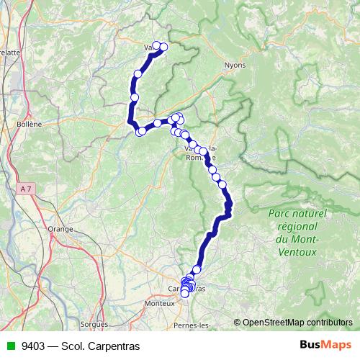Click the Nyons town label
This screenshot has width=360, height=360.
235,64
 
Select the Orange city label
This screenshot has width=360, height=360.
60,229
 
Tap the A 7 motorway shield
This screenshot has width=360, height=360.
26,189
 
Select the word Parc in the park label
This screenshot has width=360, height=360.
279,214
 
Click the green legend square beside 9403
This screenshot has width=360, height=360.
9,346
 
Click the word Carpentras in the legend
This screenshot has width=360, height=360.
114,346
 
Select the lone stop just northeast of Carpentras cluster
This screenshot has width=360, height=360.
197,269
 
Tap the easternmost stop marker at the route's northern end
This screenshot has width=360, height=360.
163,48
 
